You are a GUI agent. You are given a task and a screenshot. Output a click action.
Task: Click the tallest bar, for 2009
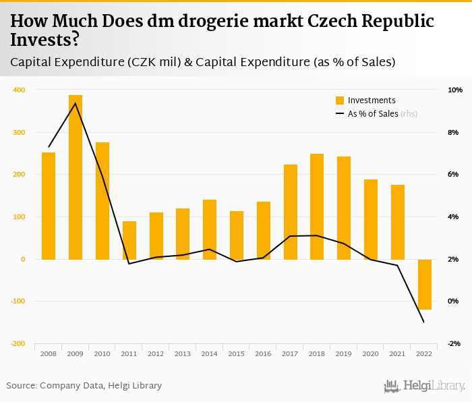[76, 177]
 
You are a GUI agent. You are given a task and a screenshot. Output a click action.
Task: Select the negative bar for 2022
[425, 284]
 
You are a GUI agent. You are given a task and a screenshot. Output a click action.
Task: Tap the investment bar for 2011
[129, 240]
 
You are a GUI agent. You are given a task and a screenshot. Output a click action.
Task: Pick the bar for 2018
[317, 206]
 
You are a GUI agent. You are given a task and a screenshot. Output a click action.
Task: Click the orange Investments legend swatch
[340, 100]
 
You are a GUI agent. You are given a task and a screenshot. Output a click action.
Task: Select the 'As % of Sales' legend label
[373, 114]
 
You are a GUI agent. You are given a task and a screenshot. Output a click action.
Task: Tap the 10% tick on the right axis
[455, 90]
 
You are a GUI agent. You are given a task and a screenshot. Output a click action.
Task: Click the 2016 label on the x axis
[263, 353]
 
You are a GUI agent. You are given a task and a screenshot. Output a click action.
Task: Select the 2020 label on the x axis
[371, 353]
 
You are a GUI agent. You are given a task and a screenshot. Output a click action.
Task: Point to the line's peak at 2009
[76, 103]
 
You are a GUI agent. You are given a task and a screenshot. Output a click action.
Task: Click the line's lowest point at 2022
[424, 322]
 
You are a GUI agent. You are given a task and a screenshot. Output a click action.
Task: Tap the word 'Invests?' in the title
[45, 40]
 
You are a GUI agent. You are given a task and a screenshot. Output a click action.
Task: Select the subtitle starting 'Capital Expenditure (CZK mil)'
[202, 62]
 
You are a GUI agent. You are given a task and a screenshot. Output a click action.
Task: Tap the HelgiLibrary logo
[424, 386]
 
